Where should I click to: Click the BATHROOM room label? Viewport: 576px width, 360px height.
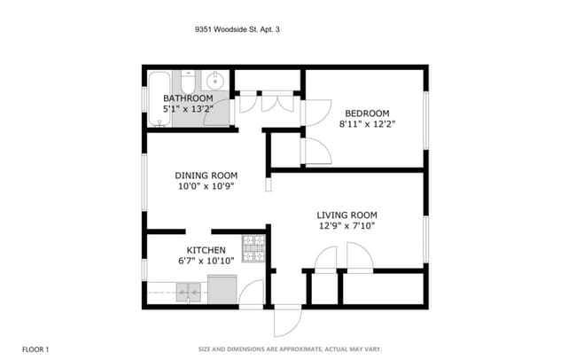(188, 98)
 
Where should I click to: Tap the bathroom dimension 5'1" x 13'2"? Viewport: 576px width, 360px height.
(188, 108)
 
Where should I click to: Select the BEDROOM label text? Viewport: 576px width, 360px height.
(367, 113)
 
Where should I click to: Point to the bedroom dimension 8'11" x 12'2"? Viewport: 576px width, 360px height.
(367, 124)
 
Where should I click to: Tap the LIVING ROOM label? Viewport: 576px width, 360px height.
(347, 215)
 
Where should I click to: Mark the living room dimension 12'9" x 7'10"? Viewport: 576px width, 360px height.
(347, 225)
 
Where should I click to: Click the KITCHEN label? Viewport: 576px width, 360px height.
(206, 251)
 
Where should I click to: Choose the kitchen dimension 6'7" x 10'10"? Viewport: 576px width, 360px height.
(206, 262)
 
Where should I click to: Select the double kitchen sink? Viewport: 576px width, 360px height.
(188, 292)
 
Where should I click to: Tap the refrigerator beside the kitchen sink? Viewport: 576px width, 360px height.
(222, 289)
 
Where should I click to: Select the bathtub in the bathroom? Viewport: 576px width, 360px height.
(160, 98)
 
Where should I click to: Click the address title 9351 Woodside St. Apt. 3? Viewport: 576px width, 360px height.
(242, 29)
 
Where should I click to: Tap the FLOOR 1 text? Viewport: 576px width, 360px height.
(35, 348)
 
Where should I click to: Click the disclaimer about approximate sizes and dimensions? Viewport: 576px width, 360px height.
(290, 348)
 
